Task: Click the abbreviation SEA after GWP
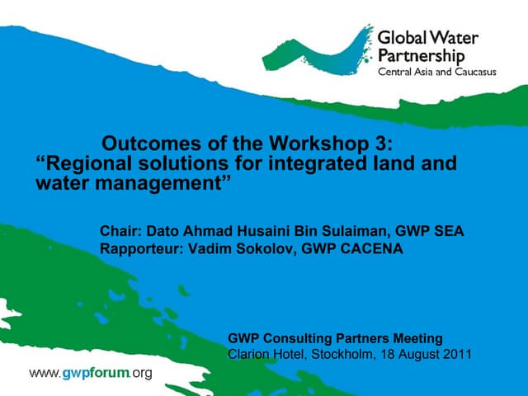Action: [x=448, y=231]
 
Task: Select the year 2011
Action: [x=455, y=355]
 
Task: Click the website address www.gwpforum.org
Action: [x=91, y=374]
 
